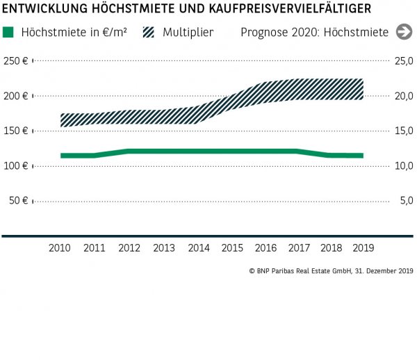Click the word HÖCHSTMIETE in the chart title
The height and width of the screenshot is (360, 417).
click(x=131, y=8)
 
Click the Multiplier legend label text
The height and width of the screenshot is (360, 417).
click(x=188, y=32)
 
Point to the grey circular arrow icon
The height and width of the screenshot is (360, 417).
click(x=404, y=32)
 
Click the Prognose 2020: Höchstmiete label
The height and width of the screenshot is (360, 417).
click(x=315, y=32)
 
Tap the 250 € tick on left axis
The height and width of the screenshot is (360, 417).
click(x=16, y=61)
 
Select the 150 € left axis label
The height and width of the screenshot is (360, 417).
click(x=16, y=131)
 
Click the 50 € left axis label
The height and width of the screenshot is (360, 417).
click(x=19, y=201)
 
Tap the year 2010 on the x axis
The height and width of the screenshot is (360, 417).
click(x=60, y=247)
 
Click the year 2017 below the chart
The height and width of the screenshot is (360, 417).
click(x=299, y=247)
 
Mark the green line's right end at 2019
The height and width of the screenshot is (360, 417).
click(x=361, y=156)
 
